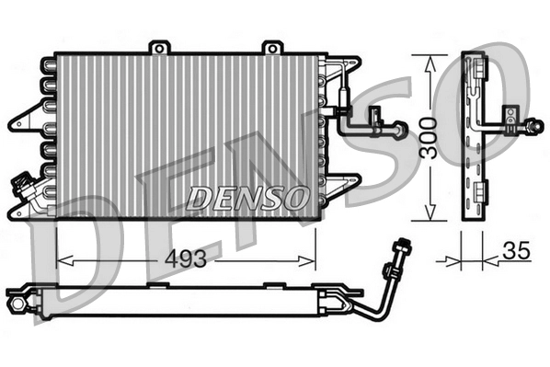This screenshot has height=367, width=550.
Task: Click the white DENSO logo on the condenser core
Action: [246, 197]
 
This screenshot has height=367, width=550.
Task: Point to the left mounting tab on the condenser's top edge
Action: [160, 46]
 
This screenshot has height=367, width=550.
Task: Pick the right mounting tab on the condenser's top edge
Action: [270, 46]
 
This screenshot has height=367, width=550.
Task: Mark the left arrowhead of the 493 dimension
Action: [63, 259]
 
